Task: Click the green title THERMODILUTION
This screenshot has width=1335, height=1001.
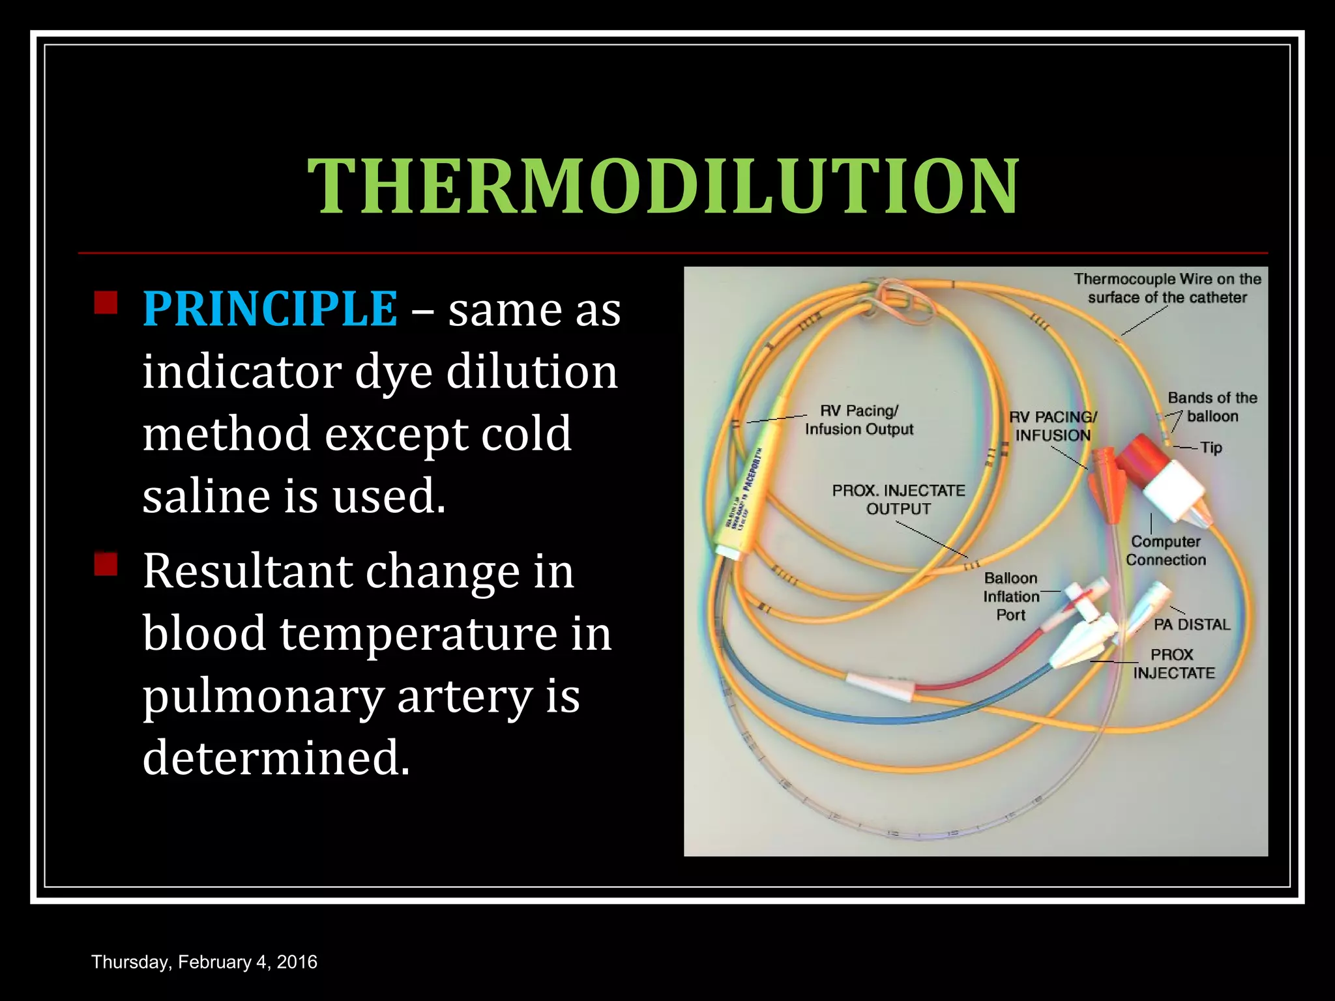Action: pos(663,187)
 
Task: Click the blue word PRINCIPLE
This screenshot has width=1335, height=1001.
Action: pos(270,308)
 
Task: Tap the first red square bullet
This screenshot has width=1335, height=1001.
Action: pos(106,303)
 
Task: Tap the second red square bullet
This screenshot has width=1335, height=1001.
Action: pos(106,564)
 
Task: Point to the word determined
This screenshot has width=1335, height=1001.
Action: pos(276,758)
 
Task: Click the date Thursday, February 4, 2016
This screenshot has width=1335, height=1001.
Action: pos(204,962)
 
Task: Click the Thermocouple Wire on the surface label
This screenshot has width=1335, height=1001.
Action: pos(1167,288)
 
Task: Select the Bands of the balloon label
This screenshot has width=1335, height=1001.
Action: pos(1212,407)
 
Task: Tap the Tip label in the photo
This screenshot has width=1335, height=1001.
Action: pos(1210,448)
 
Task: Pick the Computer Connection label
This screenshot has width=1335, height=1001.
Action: pos(1166,551)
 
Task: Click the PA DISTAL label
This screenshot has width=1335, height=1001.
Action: pos(1192,624)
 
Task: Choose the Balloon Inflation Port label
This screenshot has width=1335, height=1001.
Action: pos(1011,596)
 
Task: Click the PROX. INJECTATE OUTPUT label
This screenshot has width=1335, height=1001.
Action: pos(898,499)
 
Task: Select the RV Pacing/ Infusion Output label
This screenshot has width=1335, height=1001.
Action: pos(858,420)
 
